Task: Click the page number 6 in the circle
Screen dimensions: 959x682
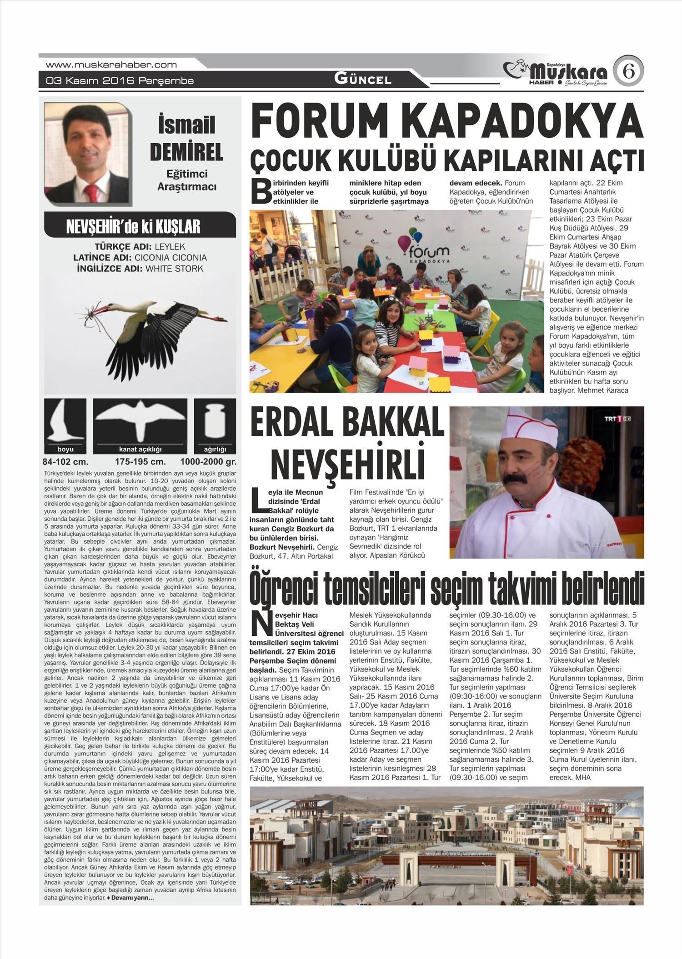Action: (628, 71)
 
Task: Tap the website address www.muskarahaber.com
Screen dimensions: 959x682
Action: (111, 65)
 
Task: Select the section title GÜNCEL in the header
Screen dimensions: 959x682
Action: (363, 79)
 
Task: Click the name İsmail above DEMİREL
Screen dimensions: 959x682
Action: (186, 125)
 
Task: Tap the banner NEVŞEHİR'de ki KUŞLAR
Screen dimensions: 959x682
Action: (133, 226)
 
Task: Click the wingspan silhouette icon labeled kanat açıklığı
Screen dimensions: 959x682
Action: (140, 422)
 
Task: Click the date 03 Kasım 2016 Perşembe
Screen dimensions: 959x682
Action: (120, 81)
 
